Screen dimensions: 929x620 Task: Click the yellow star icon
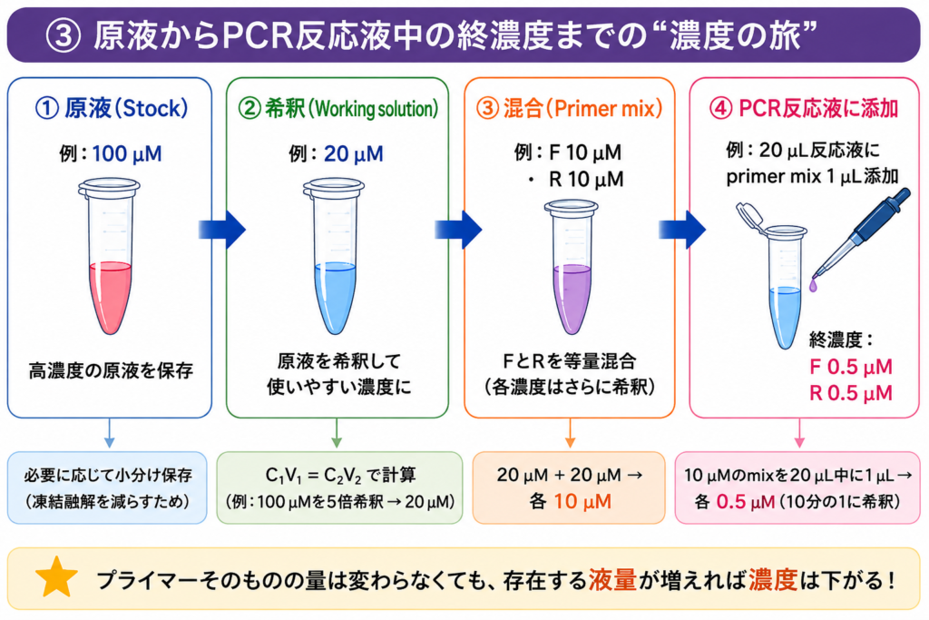tap(56, 578)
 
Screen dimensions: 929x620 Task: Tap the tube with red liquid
tap(110, 256)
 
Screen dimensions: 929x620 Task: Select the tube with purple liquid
tap(572, 267)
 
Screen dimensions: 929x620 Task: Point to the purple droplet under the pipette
tap(814, 286)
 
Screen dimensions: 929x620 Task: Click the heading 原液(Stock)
tap(112, 108)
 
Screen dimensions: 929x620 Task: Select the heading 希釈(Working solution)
tap(337, 108)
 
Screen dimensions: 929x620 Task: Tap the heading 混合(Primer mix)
tap(570, 108)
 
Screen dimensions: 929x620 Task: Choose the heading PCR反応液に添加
tap(804, 108)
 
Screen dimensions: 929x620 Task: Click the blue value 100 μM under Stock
tap(127, 154)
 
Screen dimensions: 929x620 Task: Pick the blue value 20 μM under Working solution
tap(354, 154)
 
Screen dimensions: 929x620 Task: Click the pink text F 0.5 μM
tap(851, 367)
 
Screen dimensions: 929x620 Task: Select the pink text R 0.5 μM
tap(851, 393)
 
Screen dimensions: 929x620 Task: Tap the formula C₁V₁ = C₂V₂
tap(311, 476)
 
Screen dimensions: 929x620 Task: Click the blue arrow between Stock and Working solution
tap(222, 230)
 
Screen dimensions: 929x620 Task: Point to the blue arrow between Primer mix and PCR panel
tap(682, 230)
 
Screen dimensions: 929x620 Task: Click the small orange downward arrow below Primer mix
tap(570, 433)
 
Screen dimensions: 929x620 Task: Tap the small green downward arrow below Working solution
tap(337, 433)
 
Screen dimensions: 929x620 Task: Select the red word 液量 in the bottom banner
tap(612, 580)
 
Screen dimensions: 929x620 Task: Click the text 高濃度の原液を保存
tap(111, 371)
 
